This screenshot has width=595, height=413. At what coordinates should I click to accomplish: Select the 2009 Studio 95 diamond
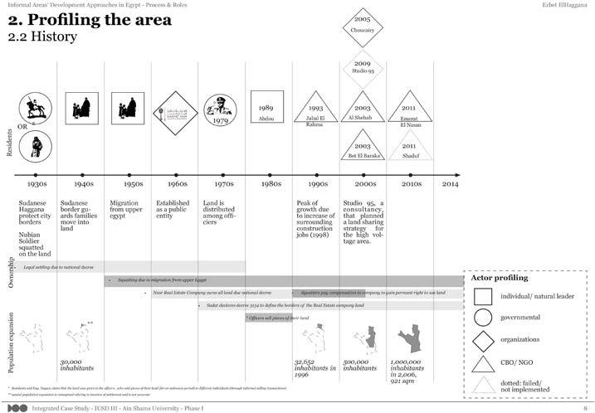(x=362, y=68)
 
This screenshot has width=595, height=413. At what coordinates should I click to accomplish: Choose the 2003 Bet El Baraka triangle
(x=362, y=148)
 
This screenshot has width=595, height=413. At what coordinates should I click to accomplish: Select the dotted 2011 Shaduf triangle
(x=408, y=149)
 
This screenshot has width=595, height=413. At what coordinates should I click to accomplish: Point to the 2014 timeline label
(x=449, y=183)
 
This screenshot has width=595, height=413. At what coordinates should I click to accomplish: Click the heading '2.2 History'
(x=42, y=36)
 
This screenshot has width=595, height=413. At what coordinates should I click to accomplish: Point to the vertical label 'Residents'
(x=8, y=141)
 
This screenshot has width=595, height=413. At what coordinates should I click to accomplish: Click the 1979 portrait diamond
(x=222, y=110)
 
